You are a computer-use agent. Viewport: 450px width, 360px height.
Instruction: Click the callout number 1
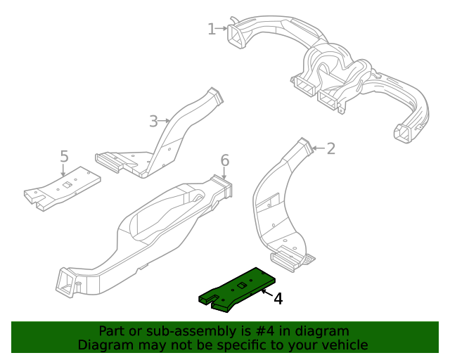pyautogui.click(x=212, y=29)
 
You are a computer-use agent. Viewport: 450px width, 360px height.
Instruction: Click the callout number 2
pyautogui.click(x=330, y=148)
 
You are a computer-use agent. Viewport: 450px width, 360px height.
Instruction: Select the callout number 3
pyautogui.click(x=154, y=121)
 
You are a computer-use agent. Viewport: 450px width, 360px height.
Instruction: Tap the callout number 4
pyautogui.click(x=278, y=299)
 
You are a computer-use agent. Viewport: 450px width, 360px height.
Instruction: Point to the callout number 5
pyautogui.click(x=63, y=155)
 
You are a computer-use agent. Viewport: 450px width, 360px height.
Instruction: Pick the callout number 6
pyautogui.click(x=225, y=160)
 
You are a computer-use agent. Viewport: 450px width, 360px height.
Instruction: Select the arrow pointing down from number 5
pyautogui.click(x=63, y=170)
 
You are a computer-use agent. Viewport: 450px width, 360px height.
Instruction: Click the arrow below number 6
pyautogui.click(x=225, y=174)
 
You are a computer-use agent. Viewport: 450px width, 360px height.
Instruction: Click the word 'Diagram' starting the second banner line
pyautogui.click(x=105, y=345)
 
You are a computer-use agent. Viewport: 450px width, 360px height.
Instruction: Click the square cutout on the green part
pyautogui.click(x=240, y=285)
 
